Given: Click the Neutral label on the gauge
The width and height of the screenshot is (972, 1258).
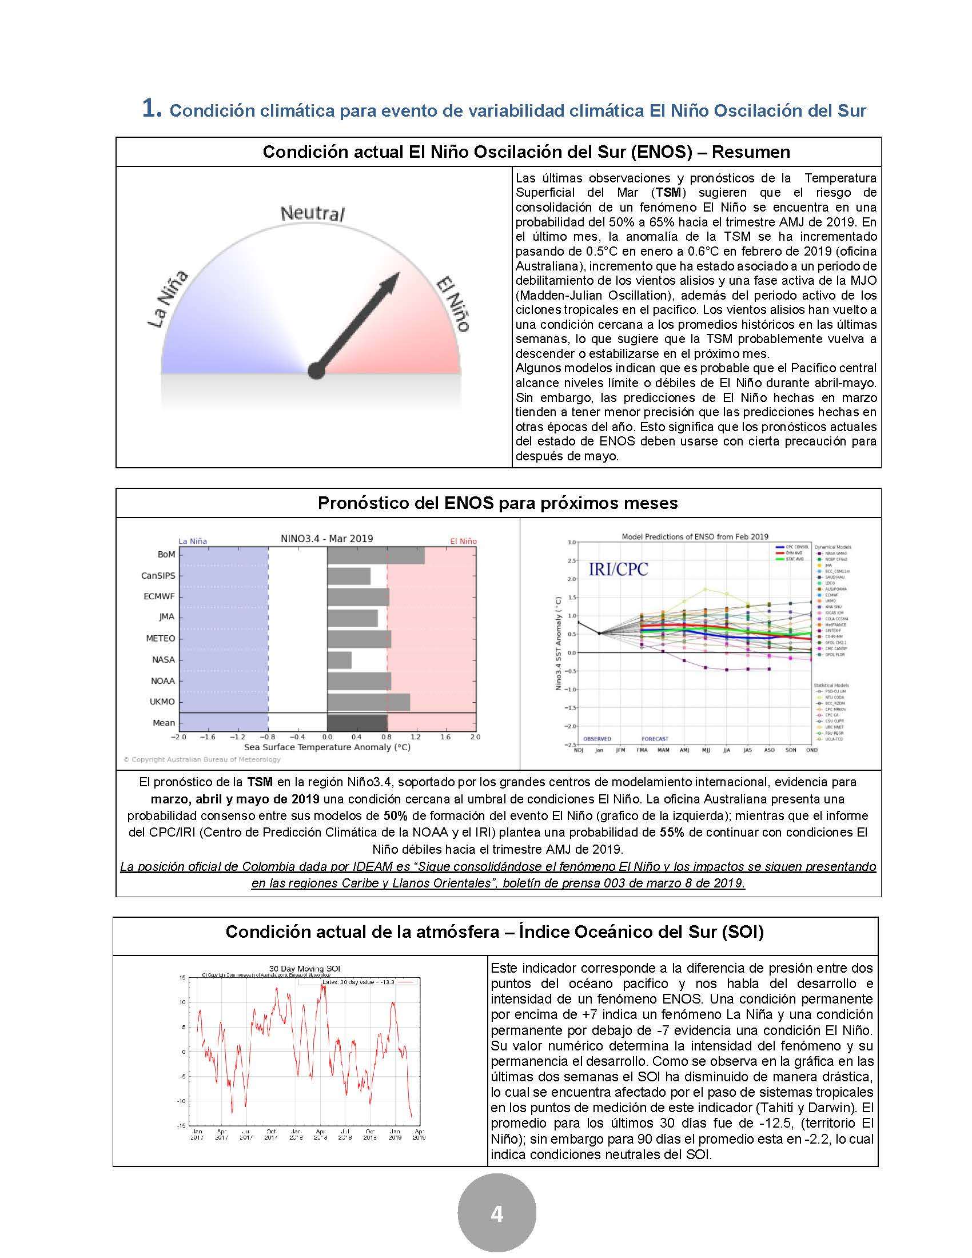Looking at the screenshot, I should click(x=312, y=214).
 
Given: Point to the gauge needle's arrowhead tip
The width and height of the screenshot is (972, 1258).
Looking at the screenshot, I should click(x=399, y=273).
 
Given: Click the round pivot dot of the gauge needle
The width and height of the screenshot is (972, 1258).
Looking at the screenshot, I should click(x=316, y=371).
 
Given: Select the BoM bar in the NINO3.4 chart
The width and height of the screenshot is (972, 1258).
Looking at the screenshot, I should click(x=376, y=555).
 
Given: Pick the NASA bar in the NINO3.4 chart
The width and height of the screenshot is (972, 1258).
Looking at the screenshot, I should click(x=339, y=660).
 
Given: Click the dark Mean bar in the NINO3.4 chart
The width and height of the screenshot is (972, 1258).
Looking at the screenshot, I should click(x=357, y=723).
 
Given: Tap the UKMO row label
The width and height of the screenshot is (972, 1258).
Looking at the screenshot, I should click(x=163, y=702).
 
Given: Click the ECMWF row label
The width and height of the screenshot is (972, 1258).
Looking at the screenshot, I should click(x=159, y=596).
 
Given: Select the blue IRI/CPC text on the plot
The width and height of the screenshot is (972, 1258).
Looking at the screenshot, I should click(x=618, y=569).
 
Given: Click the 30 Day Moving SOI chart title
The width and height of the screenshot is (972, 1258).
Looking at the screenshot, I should click(x=309, y=969).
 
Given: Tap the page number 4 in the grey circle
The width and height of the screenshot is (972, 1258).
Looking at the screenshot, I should click(x=496, y=1214).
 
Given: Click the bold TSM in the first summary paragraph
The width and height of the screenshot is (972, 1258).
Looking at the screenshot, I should click(x=668, y=192).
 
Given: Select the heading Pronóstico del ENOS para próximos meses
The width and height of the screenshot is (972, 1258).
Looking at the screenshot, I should click(x=497, y=503).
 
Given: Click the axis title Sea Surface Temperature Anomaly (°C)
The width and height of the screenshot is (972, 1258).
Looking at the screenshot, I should click(x=327, y=747).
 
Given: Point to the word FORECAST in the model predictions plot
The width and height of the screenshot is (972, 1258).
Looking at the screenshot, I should click(x=655, y=738).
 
